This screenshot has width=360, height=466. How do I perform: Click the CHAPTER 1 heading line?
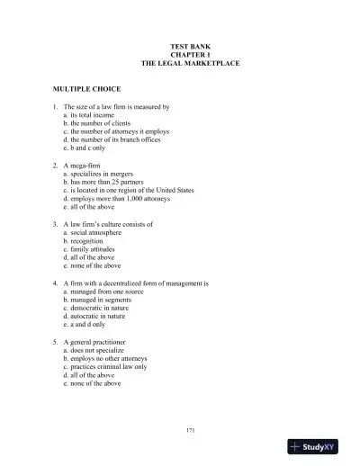190,54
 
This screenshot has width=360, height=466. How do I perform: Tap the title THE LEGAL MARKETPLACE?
190,63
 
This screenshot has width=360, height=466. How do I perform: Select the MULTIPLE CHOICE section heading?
84,90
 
